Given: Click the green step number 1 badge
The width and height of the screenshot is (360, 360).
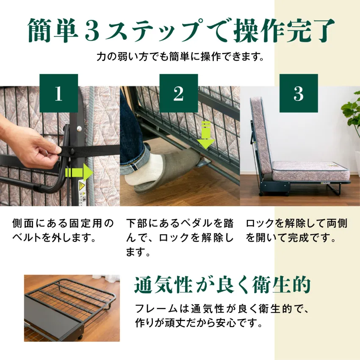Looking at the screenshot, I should click(x=58, y=93).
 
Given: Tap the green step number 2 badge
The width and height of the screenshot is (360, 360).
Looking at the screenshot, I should click(x=179, y=93).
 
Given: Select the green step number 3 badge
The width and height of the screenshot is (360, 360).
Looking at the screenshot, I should click(x=299, y=93).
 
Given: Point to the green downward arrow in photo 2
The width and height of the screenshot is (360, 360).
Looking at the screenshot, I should click(x=205, y=135).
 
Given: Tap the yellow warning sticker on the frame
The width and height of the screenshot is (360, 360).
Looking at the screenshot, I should click(x=83, y=190).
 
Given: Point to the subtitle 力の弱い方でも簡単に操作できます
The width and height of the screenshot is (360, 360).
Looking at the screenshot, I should click(x=180, y=57).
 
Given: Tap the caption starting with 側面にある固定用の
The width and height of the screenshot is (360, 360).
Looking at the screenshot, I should click(x=64, y=230).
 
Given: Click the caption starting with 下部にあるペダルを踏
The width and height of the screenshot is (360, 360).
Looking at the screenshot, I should click(x=180, y=238).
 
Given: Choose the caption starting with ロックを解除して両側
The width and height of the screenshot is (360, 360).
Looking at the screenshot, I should click(x=296, y=230).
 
